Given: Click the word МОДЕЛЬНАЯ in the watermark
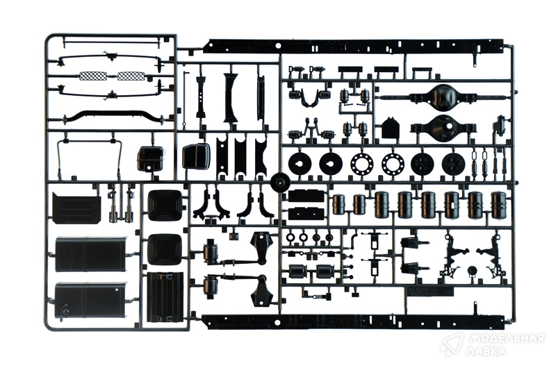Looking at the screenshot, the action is pyautogui.click(x=507, y=339).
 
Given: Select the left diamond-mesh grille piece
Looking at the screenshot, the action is pyautogui.click(x=93, y=76).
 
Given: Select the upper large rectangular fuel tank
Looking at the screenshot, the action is pyautogui.click(x=91, y=255).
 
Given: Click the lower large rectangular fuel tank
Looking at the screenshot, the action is pyautogui.click(x=91, y=301).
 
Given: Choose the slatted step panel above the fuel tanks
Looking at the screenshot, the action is pyautogui.click(x=76, y=208).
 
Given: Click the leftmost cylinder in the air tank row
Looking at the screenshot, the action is pyautogui.click(x=339, y=205).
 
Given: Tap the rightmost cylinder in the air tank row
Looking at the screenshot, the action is pyautogui.click(x=498, y=205).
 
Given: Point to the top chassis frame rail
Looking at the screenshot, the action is pyautogui.click(x=354, y=45).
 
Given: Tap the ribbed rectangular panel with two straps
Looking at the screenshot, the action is pyautogui.click(x=165, y=296).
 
